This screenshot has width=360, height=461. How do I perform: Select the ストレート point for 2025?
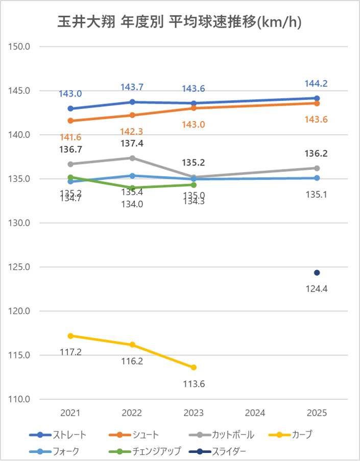pos(317,98)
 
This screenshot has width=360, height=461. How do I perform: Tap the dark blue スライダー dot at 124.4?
pos(317,273)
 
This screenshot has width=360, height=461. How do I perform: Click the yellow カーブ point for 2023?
pos(194,368)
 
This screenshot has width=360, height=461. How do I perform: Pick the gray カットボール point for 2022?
pos(132,158)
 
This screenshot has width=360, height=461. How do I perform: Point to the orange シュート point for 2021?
pos(70,121)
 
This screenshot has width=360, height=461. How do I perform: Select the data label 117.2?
pos(70,352)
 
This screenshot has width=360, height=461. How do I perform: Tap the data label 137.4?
pos(132,143)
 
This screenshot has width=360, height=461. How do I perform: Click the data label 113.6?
pos(194,383)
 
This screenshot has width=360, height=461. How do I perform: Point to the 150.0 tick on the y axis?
pos(20,47)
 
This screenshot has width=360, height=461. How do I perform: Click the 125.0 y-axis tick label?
pos(20,267)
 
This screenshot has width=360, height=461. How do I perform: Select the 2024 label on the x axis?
pos(255,413)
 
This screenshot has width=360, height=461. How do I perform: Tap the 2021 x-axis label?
pos(70,413)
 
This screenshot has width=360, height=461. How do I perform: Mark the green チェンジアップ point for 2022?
pos(132,188)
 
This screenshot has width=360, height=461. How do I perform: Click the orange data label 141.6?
pos(70,137)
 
